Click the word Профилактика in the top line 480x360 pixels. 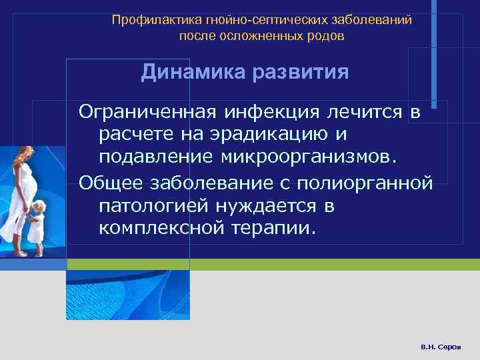point(145,20)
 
